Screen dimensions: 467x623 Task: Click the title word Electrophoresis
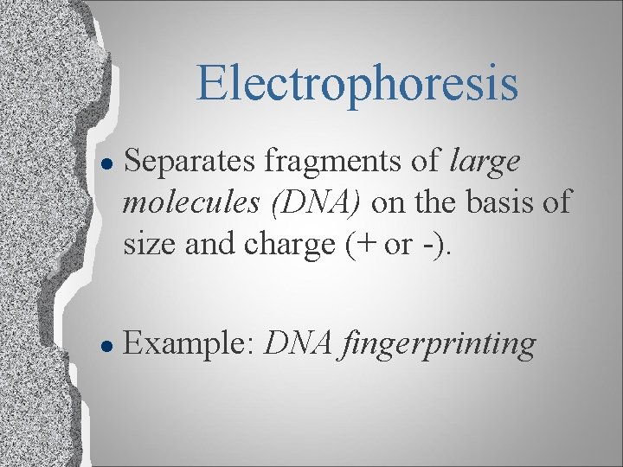click(x=356, y=82)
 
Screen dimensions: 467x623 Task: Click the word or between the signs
click(x=399, y=245)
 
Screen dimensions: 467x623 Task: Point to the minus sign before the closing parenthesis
click(x=430, y=244)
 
